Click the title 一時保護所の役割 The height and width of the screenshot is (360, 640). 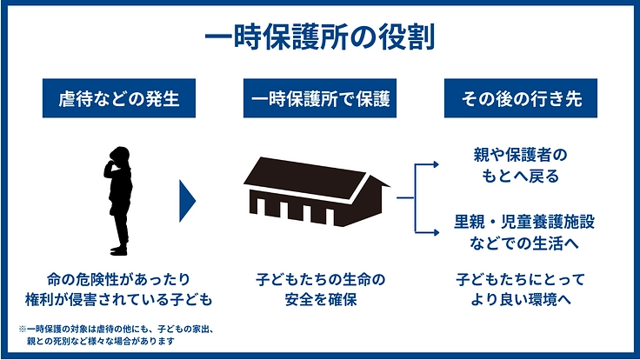point(319,38)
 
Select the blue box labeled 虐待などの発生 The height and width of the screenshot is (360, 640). point(119,100)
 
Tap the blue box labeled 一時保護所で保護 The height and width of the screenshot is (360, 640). point(319,100)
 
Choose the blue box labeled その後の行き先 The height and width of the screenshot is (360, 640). point(520,100)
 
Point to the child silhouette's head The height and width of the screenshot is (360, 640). point(119,157)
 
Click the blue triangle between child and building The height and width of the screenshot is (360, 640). point(187,200)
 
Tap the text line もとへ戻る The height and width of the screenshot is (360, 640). point(517,177)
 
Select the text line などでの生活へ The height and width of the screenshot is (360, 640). point(517,243)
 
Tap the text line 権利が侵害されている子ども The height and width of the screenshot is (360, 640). point(119,301)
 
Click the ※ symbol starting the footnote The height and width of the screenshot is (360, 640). point(23,330)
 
